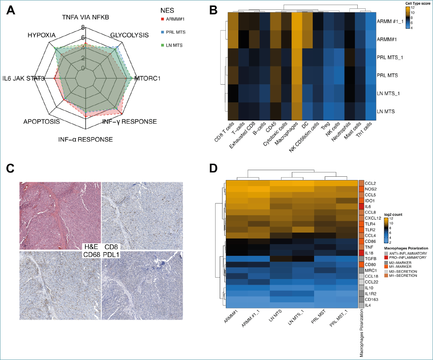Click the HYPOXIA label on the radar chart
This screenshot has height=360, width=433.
(41, 35)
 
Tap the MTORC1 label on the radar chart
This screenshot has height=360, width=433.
(147, 79)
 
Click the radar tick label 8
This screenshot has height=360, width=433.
(83, 27)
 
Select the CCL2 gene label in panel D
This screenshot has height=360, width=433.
(371, 183)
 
